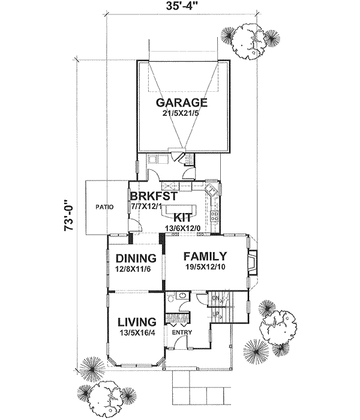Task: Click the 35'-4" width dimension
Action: (181, 7)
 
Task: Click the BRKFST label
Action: (152, 196)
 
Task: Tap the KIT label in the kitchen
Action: (183, 217)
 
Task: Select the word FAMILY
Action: (205, 254)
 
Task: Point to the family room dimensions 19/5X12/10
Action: (205, 266)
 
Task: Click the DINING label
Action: (136, 259)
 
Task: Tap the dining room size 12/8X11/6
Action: (136, 270)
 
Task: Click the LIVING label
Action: (136, 321)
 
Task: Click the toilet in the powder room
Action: (172, 298)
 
